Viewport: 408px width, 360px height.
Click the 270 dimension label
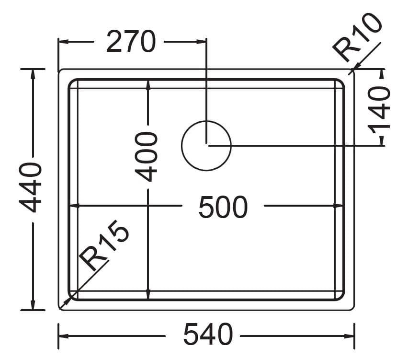point(131,42)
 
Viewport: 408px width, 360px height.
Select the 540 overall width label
point(208,335)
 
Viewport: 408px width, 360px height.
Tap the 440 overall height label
point(31,187)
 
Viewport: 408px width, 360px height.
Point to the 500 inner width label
point(223,208)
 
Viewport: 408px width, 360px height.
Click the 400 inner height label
point(146,157)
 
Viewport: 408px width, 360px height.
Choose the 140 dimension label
point(379,110)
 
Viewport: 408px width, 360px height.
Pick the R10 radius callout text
point(357,37)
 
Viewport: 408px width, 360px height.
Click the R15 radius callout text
point(104,245)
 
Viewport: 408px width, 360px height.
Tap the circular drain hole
point(206,146)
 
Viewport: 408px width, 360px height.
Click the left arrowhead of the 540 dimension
point(64,336)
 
